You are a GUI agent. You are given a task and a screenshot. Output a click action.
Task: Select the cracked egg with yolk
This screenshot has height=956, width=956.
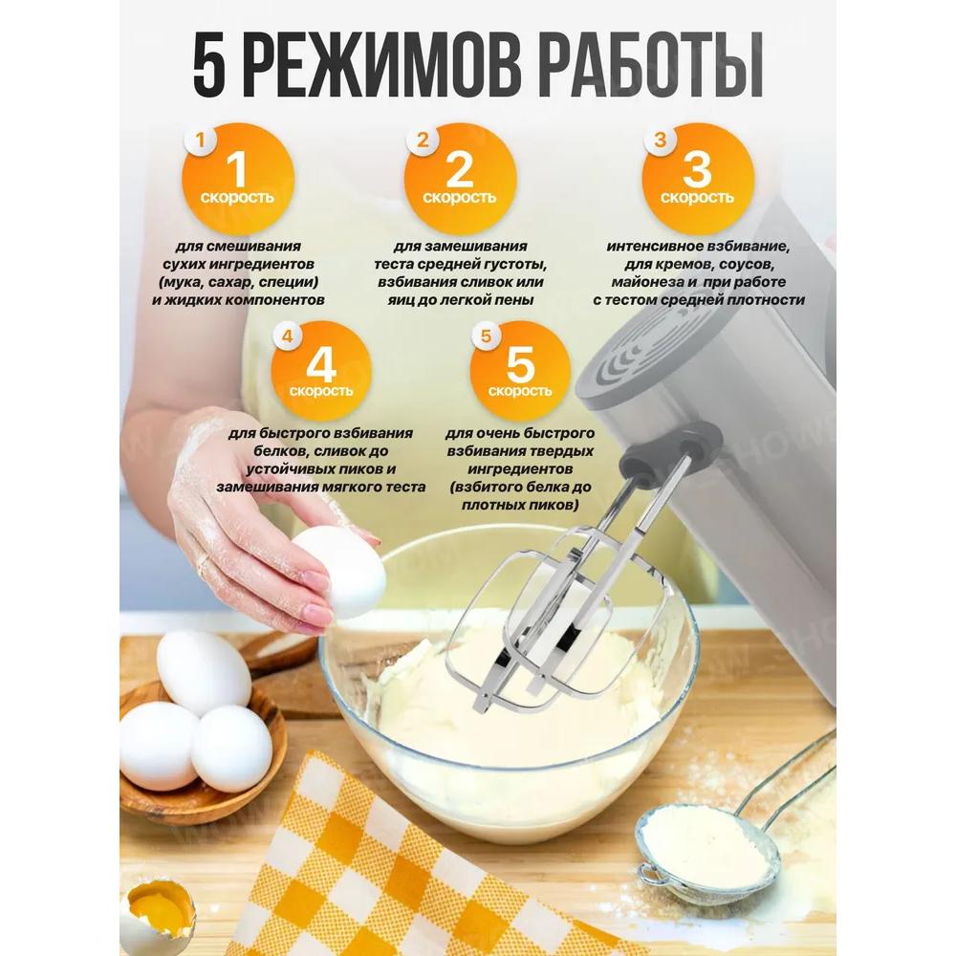tap(158, 907)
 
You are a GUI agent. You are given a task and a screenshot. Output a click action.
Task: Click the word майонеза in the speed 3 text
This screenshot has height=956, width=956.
tap(645, 282)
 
